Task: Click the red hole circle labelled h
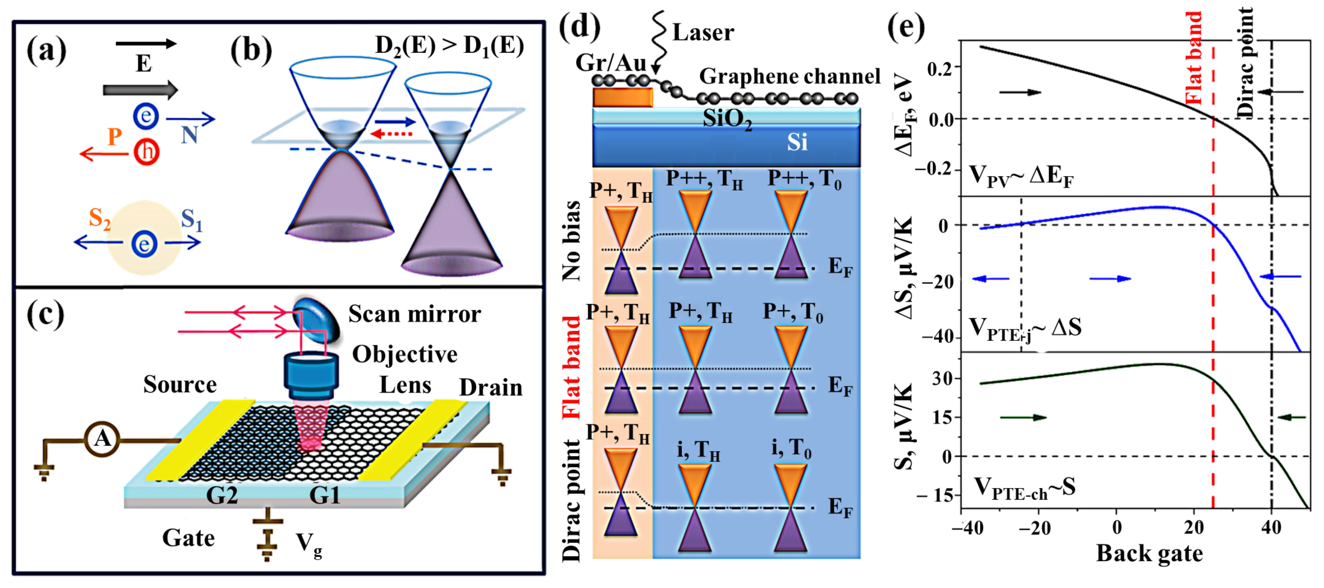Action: pyautogui.click(x=147, y=152)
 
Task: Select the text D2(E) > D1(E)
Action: pyautogui.click(x=449, y=46)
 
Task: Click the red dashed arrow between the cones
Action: pyautogui.click(x=392, y=134)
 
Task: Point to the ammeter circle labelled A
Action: pyautogui.click(x=102, y=438)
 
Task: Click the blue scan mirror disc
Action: pyautogui.click(x=316, y=320)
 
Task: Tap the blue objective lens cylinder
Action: pyautogui.click(x=311, y=372)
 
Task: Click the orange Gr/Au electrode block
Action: pyautogui.click(x=622, y=97)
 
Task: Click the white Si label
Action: pyautogui.click(x=797, y=142)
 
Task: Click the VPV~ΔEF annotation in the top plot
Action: pyautogui.click(x=1020, y=176)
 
